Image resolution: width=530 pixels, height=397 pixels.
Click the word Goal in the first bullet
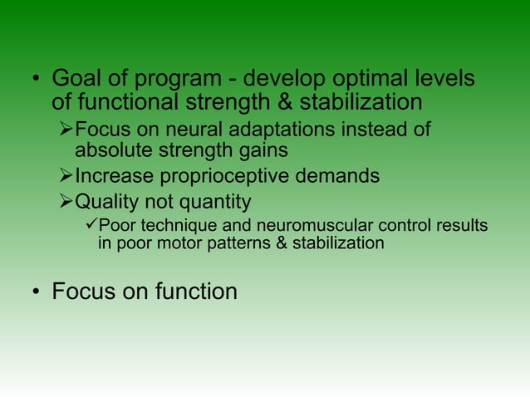[x=74, y=80]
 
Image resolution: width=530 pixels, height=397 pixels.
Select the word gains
[x=257, y=150]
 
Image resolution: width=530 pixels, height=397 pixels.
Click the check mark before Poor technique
[x=91, y=227]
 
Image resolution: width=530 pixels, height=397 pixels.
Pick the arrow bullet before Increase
[x=66, y=177]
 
